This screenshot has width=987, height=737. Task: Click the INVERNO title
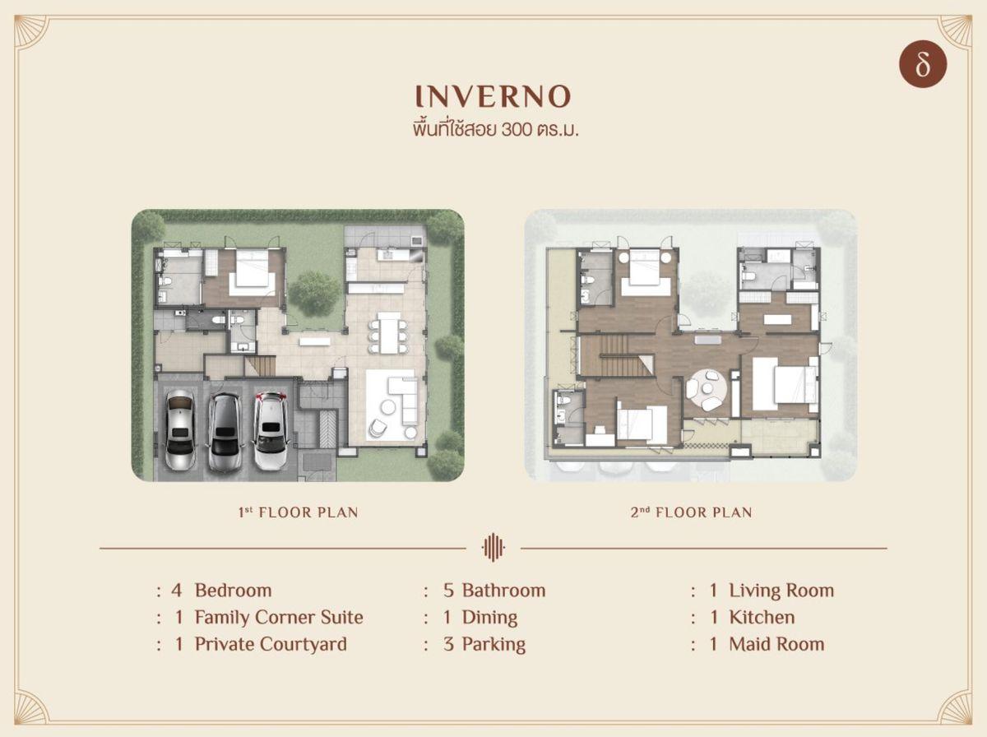click(493, 96)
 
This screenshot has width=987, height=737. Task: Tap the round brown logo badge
click(923, 64)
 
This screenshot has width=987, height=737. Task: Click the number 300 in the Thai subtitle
click(517, 130)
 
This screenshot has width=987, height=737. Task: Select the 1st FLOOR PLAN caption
click(299, 512)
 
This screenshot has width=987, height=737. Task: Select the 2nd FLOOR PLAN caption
click(691, 512)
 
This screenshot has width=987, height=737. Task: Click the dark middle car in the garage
click(225, 433)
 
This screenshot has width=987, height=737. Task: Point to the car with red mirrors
click(271, 431)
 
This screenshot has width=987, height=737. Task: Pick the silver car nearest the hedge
click(180, 430)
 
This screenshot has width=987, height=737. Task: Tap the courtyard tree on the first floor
click(314, 293)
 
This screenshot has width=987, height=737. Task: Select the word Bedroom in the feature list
click(234, 591)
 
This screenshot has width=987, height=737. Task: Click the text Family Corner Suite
click(279, 618)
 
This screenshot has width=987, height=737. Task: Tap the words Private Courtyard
click(271, 644)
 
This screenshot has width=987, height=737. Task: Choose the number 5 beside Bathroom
click(448, 591)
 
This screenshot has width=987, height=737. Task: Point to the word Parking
click(493, 645)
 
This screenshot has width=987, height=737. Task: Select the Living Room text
click(781, 591)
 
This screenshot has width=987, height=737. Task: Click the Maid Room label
click(776, 644)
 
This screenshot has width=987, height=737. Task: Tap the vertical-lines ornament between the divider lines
click(493, 548)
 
